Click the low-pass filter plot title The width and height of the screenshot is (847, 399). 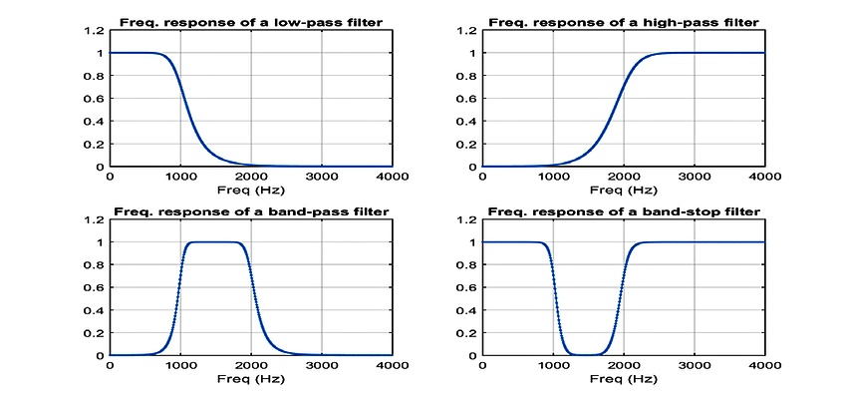pyautogui.click(x=250, y=22)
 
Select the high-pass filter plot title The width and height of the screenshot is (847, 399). pyautogui.click(x=623, y=22)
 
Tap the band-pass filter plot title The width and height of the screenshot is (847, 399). pyautogui.click(x=250, y=210)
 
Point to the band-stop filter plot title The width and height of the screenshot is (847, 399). pyautogui.click(x=623, y=210)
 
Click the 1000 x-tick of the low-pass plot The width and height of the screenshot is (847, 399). pyautogui.click(x=179, y=178)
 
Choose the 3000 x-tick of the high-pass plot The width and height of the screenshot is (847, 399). pyautogui.click(x=694, y=178)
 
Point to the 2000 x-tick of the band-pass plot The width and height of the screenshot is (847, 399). pyautogui.click(x=250, y=366)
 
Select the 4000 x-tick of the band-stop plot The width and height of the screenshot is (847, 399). pyautogui.click(x=762, y=366)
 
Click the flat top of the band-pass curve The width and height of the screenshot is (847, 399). pyautogui.click(x=215, y=242)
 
